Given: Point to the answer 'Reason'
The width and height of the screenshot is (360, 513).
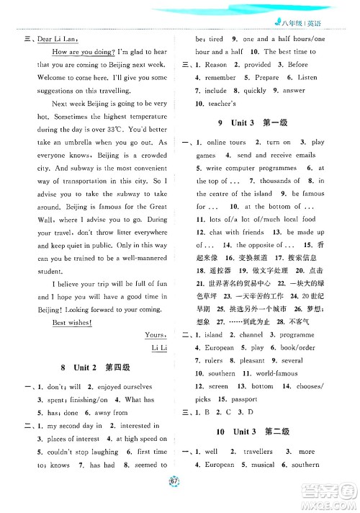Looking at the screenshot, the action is pyautogui.click(x=216, y=64).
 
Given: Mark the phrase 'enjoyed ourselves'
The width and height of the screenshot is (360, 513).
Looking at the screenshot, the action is pyautogui.click(x=132, y=387).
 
